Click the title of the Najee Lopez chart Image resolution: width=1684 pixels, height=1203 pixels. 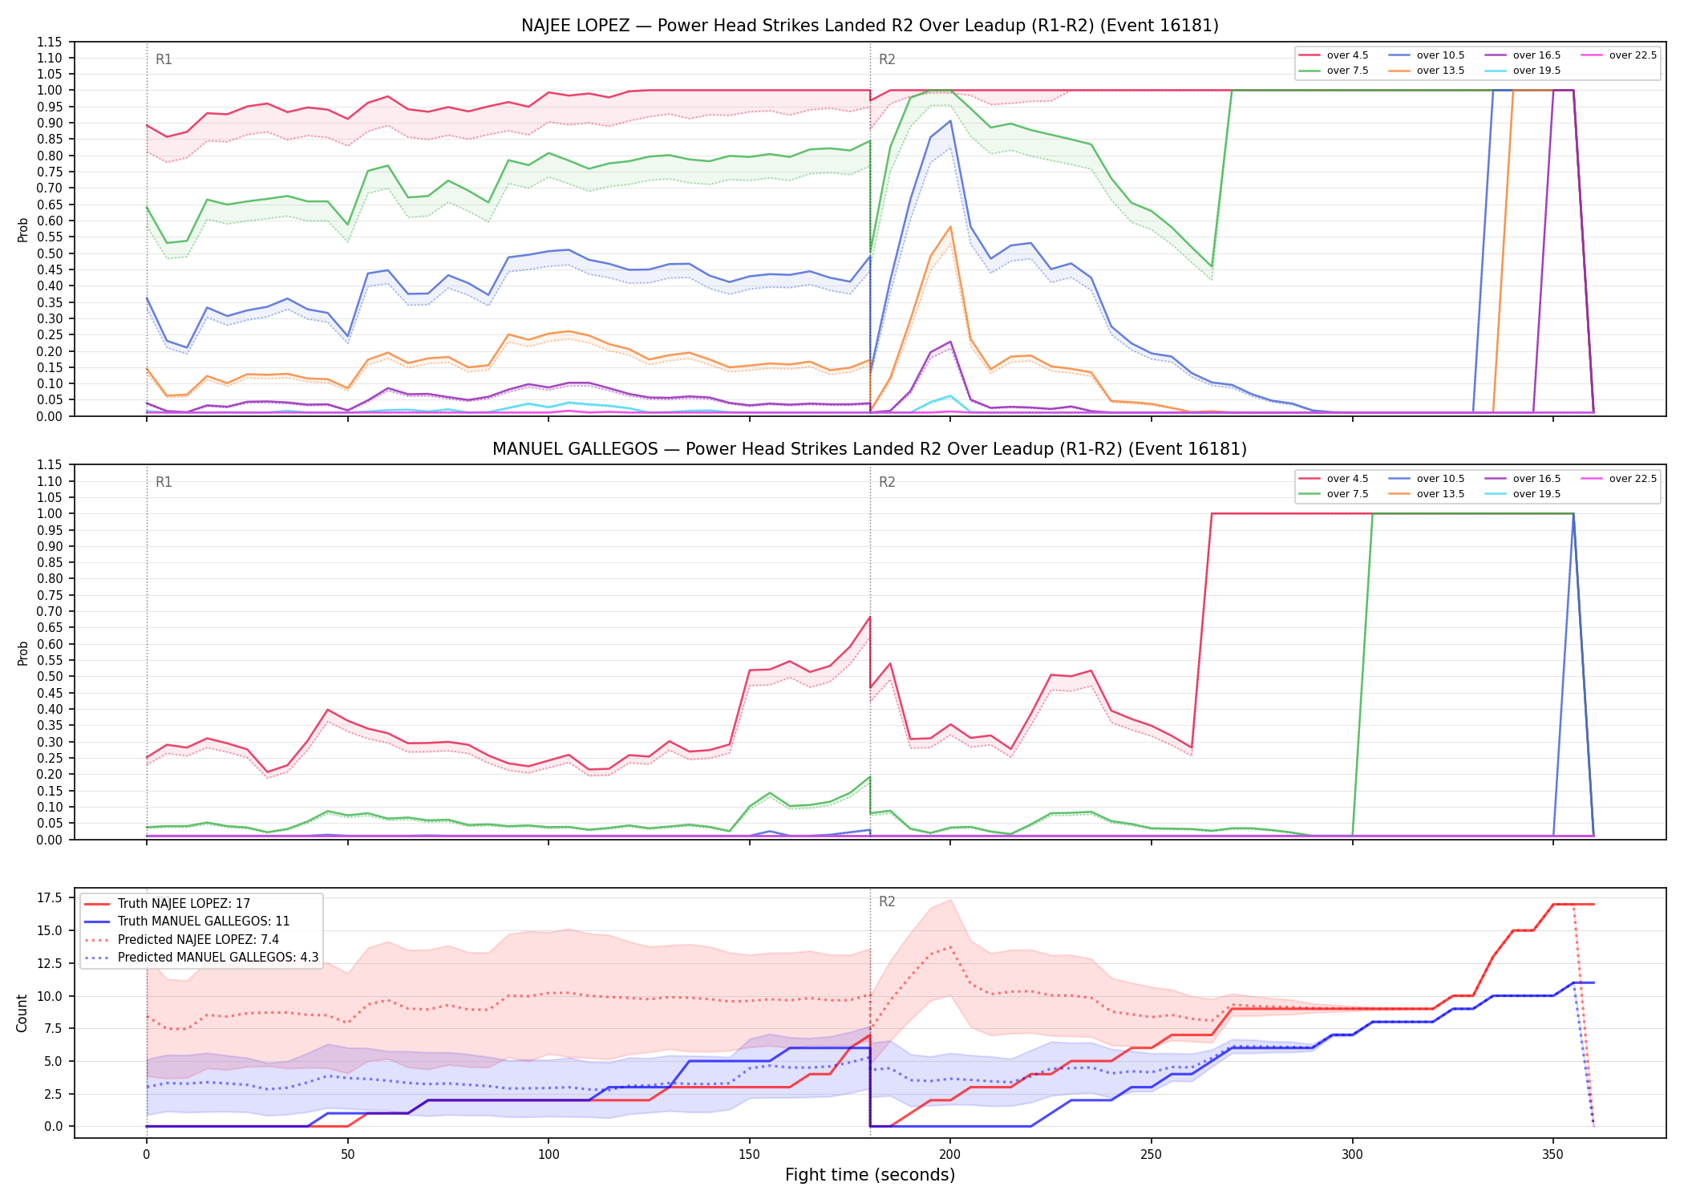click(x=870, y=26)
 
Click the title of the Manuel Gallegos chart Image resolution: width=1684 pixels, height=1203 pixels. click(x=870, y=449)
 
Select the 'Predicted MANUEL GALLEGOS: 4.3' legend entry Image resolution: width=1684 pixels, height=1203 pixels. click(x=201, y=957)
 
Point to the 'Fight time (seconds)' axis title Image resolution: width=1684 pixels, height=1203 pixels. click(x=870, y=1175)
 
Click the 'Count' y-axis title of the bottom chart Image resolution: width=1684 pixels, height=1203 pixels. click(x=22, y=1013)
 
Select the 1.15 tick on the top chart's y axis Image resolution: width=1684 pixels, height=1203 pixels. click(x=51, y=42)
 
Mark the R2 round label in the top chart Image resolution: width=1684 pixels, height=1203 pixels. click(x=887, y=59)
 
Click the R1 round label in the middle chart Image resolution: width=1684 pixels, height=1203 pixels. click(x=164, y=482)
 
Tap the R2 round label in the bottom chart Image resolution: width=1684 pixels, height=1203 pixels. click(x=887, y=901)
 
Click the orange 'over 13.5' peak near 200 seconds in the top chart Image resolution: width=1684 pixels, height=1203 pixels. click(x=950, y=227)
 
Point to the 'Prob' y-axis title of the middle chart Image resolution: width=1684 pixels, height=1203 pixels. click(x=22, y=653)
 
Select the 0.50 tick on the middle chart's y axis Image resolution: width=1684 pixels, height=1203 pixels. click(x=51, y=677)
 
